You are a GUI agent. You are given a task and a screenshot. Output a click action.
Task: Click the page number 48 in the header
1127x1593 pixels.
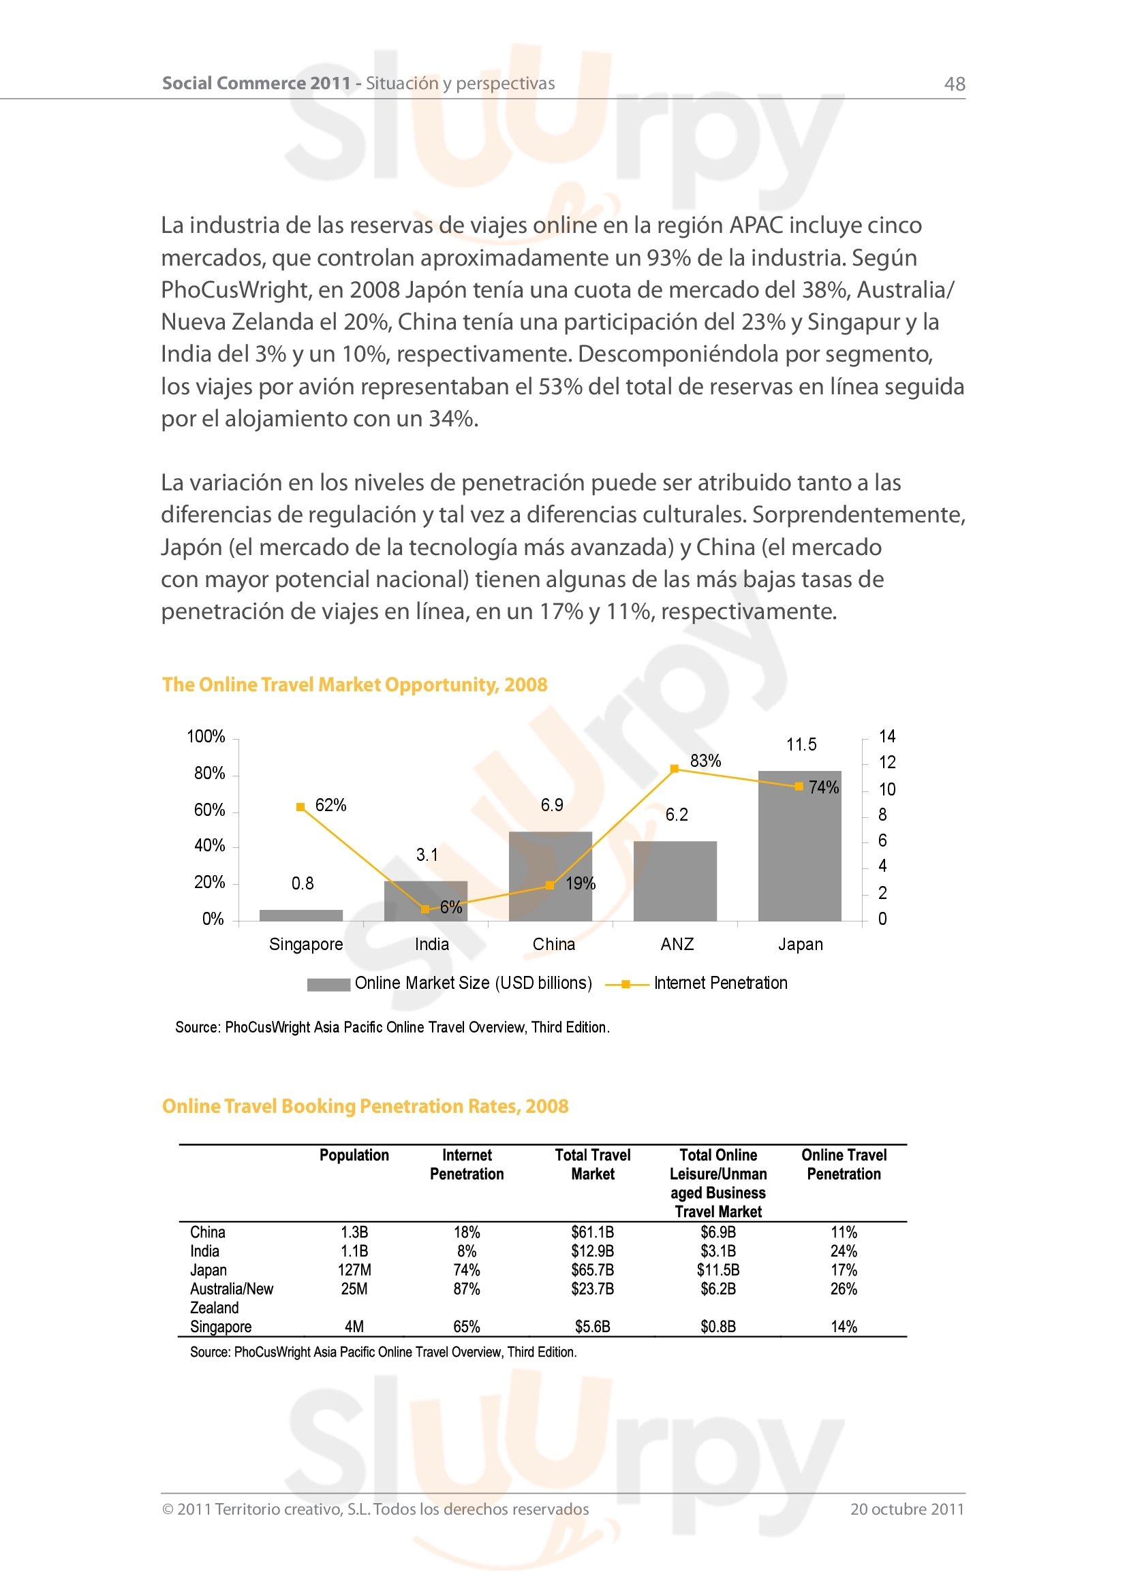pos(954,84)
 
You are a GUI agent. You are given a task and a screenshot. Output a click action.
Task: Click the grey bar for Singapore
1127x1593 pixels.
pos(300,915)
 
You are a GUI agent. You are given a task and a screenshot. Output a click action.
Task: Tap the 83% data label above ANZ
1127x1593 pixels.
pos(705,761)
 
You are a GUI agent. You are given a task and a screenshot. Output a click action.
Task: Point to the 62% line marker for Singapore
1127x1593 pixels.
pos(300,807)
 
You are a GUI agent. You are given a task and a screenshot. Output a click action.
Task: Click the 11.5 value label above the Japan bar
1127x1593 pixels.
pos(801,745)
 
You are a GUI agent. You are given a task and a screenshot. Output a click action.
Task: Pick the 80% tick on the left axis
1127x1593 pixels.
pos(209,774)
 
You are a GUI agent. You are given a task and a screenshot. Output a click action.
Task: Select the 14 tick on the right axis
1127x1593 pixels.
pos(887,736)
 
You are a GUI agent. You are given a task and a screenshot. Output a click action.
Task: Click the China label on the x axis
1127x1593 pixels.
pos(554,944)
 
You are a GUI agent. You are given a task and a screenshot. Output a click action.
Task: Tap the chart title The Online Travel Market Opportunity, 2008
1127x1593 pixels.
pos(354,684)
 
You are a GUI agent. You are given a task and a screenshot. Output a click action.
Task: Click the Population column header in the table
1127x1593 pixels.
pos(354,1155)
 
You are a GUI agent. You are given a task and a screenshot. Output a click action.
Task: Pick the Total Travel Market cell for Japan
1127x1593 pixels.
pos(592,1270)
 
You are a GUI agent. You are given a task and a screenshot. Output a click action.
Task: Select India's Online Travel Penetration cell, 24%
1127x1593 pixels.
pos(843,1252)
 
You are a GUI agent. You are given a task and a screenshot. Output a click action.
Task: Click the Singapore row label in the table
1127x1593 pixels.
pos(221,1327)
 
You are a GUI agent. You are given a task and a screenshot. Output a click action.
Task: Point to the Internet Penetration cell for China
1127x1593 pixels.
pos(466,1232)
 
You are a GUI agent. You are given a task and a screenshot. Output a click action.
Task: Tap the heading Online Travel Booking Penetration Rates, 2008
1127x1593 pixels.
pos(365,1106)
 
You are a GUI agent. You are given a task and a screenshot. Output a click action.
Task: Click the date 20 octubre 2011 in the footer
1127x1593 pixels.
pos(907,1509)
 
